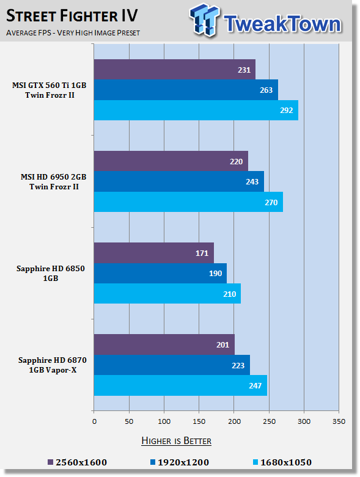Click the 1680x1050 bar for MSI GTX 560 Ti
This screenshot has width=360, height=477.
pyautogui.click(x=196, y=110)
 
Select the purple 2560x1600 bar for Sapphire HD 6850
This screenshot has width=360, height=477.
pyautogui.click(x=153, y=253)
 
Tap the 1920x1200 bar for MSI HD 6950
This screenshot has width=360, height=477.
pyautogui.click(x=179, y=181)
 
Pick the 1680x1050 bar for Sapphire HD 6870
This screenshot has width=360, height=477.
pyautogui.click(x=180, y=385)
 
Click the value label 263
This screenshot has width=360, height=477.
pyautogui.click(x=266, y=90)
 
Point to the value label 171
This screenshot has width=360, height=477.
pyautogui.click(x=202, y=253)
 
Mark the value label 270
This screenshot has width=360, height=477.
pyautogui.click(x=271, y=202)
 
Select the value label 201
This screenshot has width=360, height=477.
pyautogui.click(x=222, y=344)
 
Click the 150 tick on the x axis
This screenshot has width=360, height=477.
pyautogui.click(x=199, y=421)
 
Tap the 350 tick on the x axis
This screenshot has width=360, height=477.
pyautogui.click(x=339, y=421)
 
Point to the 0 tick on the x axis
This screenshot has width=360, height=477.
pyautogui.click(x=94, y=421)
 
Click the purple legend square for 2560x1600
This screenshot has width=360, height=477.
pyautogui.click(x=51, y=462)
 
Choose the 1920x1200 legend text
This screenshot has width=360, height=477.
pyautogui.click(x=183, y=462)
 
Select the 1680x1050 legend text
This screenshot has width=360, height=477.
pyautogui.click(x=286, y=462)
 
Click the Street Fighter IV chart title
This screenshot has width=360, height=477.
pyautogui.click(x=72, y=15)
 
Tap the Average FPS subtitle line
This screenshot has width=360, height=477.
pyautogui.click(x=73, y=32)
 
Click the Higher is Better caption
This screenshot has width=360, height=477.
pyautogui.click(x=176, y=441)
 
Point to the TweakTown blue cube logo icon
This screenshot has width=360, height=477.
pyautogui.click(x=204, y=20)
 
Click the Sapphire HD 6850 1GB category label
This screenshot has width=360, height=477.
pyautogui.click(x=51, y=273)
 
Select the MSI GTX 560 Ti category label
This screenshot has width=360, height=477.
pyautogui.click(x=50, y=90)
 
